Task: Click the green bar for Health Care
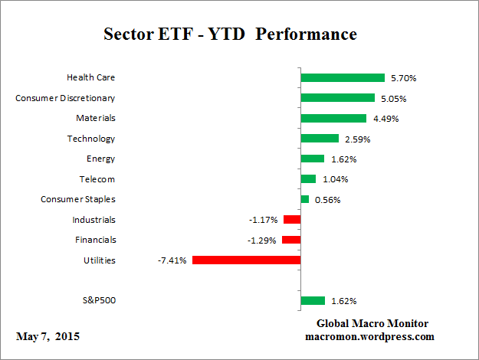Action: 342,77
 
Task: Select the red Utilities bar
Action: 246,260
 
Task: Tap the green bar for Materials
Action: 333,118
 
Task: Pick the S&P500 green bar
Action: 313,300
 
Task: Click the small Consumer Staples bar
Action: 305,199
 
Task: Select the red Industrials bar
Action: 292,219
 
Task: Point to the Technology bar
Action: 320,139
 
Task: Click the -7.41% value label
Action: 173,260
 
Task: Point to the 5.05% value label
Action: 393,98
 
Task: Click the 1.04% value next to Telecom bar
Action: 335,179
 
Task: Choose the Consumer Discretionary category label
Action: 65,98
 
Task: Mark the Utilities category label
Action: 99,260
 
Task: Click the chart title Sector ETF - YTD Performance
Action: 230,35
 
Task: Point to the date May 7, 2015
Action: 47,336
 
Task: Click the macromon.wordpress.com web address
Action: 370,336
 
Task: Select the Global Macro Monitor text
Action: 372,324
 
